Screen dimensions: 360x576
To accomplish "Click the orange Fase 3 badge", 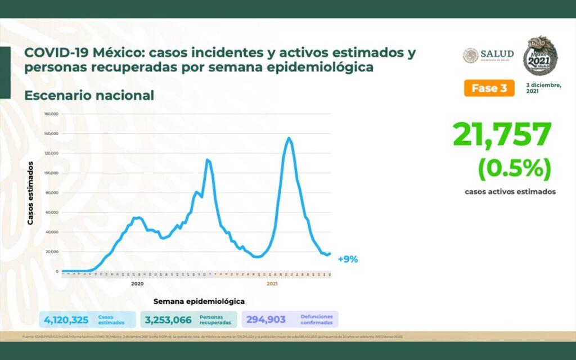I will (x=489, y=88).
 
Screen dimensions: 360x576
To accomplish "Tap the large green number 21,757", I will (x=502, y=136).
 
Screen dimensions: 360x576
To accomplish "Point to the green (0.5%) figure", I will (x=514, y=168).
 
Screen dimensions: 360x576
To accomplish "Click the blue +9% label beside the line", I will (x=348, y=259).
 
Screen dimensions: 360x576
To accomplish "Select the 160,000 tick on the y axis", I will (x=51, y=114).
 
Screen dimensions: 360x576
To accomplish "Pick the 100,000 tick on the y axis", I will (x=51, y=173).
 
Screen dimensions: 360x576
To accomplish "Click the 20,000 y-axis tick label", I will (x=52, y=251).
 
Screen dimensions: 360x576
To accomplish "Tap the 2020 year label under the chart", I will (x=137, y=284).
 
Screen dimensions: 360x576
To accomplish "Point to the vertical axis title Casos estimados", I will (x=31, y=193).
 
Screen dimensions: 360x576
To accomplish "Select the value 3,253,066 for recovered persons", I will (x=168, y=320).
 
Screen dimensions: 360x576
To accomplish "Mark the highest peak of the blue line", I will (x=289, y=138).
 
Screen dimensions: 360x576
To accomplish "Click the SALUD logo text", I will (x=497, y=54).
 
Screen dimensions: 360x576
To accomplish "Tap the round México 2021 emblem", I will (x=541, y=56).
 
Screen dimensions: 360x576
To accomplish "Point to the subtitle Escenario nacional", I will (x=89, y=96).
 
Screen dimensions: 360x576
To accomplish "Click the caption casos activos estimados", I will (x=510, y=192).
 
